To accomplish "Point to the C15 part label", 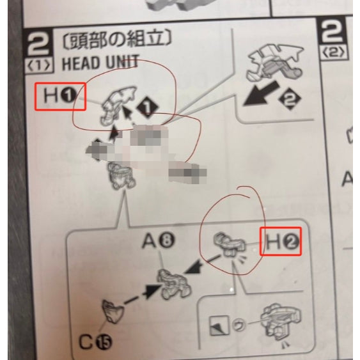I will pos(93,340).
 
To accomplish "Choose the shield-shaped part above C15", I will pos(113,313).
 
